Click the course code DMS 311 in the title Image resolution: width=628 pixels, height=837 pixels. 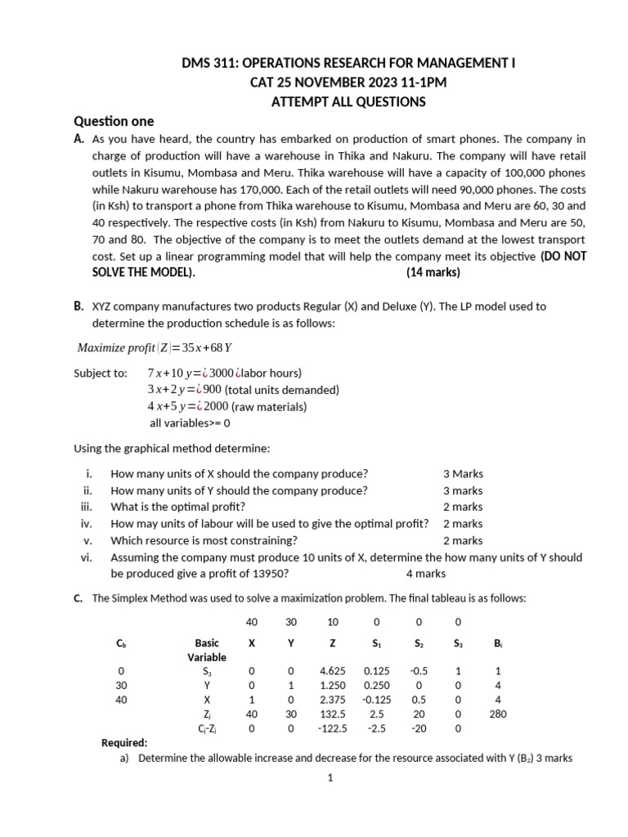click(207, 63)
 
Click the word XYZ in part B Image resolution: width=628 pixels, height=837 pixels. click(103, 307)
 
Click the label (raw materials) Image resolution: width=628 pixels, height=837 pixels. click(268, 406)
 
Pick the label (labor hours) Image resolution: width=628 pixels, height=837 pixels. click(272, 373)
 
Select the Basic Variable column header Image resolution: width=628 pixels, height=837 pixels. click(207, 650)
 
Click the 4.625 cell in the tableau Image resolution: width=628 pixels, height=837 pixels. click(332, 671)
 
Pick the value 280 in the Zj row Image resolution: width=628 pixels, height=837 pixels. click(499, 714)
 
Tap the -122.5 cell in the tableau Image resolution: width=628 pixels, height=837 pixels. click(333, 728)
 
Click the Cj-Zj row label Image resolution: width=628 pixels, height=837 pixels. click(207, 728)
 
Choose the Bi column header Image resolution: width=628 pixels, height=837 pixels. click(498, 643)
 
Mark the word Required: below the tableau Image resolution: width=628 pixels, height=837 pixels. click(124, 743)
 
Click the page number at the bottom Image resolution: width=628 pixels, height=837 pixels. click(330, 778)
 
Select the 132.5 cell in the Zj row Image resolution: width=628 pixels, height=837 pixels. click(333, 714)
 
